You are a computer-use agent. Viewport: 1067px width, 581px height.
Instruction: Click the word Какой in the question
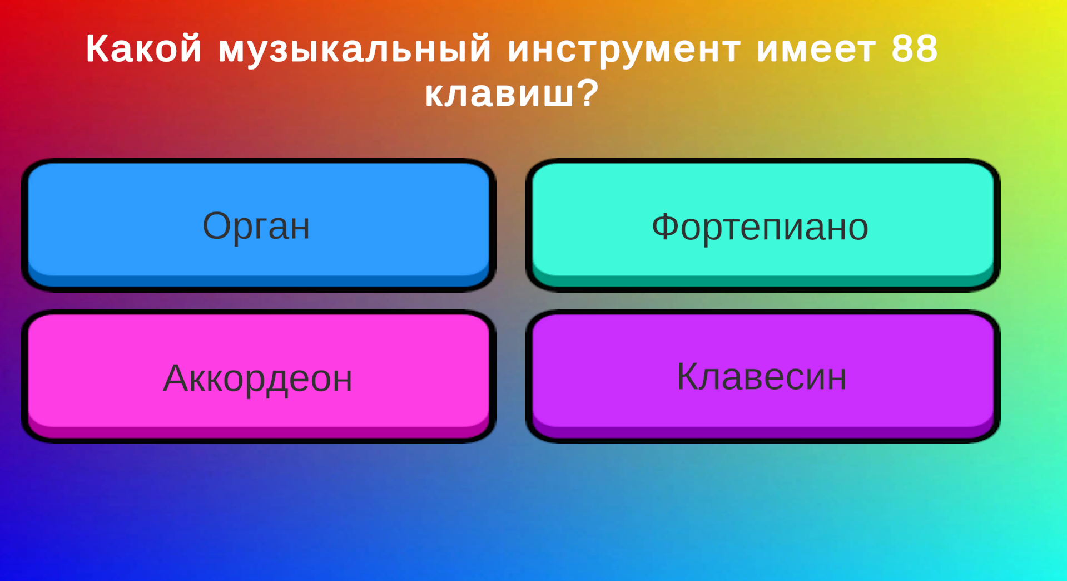[x=143, y=49]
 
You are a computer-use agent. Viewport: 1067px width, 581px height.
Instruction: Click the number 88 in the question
[x=915, y=49]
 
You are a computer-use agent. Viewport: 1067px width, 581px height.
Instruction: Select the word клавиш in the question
[x=499, y=93]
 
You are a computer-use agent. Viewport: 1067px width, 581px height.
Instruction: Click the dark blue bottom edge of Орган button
[x=259, y=281]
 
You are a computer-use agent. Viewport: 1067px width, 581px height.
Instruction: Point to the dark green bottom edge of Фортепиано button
[x=762, y=281]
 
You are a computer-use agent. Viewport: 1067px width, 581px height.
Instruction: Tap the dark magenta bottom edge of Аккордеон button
[x=259, y=432]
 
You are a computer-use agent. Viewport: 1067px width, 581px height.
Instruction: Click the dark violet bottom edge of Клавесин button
[x=762, y=432]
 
